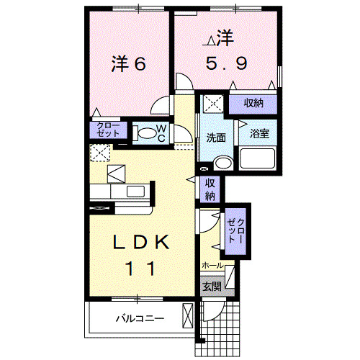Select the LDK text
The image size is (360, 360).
tap(140, 243)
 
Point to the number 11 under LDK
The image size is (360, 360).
tap(140, 269)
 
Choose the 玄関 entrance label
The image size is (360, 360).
tap(211, 287)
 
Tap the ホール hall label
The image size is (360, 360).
tap(212, 266)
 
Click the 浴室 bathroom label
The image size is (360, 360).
tap(258, 134)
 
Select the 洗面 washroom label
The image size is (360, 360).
tap(217, 137)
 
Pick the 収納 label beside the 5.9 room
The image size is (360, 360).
tap(253, 104)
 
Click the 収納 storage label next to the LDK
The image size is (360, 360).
tap(210, 189)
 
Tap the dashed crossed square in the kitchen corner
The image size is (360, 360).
tap(99, 152)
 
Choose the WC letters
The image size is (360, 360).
tap(162, 132)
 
